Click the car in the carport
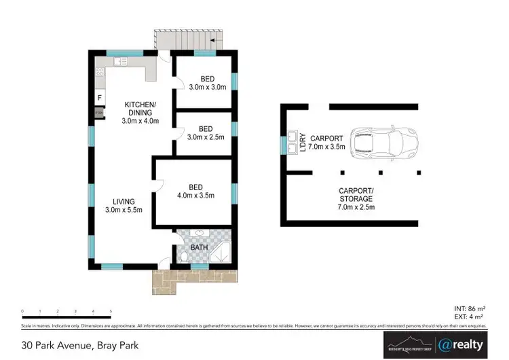click(384, 141)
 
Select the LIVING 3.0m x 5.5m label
click(124, 206)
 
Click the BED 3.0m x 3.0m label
click(206, 83)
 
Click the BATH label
click(198, 247)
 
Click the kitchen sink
click(119, 62)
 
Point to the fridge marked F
click(99, 97)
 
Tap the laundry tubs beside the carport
click(293, 143)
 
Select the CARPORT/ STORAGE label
click(356, 198)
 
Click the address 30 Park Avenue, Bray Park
click(79, 346)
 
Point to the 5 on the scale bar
click(111, 311)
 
